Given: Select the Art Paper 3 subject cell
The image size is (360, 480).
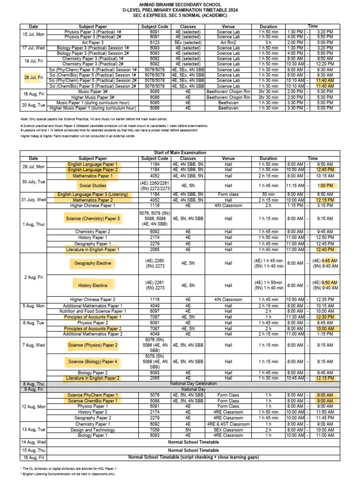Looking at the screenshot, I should (x=93, y=42).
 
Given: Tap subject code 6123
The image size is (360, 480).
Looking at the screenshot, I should (x=154, y=42).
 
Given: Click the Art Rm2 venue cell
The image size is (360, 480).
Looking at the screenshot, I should (x=228, y=42).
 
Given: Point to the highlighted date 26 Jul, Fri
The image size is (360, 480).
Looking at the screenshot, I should (x=33, y=78).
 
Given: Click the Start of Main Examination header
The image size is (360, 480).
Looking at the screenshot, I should (x=180, y=153).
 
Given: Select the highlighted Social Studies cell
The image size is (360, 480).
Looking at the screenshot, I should (x=93, y=185).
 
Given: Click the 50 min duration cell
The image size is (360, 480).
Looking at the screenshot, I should (x=268, y=194).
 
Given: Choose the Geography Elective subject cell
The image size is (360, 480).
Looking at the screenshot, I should (x=93, y=263).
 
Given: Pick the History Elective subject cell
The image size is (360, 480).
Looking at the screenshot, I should (x=93, y=285).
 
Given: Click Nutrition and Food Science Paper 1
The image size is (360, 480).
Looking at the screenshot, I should (x=93, y=311).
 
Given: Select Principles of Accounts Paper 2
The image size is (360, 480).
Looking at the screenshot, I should (x=93, y=329).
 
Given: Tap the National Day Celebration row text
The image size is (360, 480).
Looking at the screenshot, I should (x=194, y=383).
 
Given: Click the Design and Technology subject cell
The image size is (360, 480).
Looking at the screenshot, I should (x=93, y=429).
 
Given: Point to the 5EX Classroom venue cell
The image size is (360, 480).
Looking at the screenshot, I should (x=228, y=429).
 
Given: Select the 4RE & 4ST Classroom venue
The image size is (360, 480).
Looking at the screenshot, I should (x=228, y=424).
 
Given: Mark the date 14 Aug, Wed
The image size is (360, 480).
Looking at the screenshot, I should (x=33, y=442).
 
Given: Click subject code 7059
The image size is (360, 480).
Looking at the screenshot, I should (x=154, y=429).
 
